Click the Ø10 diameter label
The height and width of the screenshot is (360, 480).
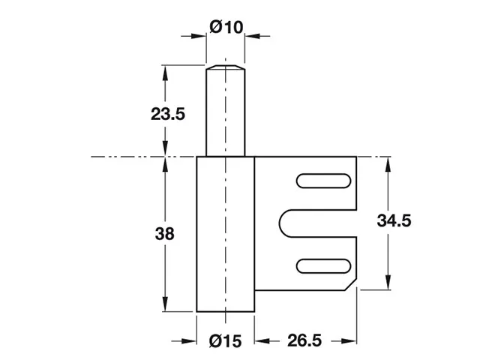tap(227, 28)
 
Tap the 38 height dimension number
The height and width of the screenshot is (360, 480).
tap(166, 233)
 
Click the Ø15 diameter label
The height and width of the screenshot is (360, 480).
tap(226, 341)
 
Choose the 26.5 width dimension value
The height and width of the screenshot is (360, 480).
tap(304, 341)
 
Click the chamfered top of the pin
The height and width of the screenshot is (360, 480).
tap(226, 68)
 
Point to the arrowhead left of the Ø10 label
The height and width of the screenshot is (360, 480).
tap(202, 34)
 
